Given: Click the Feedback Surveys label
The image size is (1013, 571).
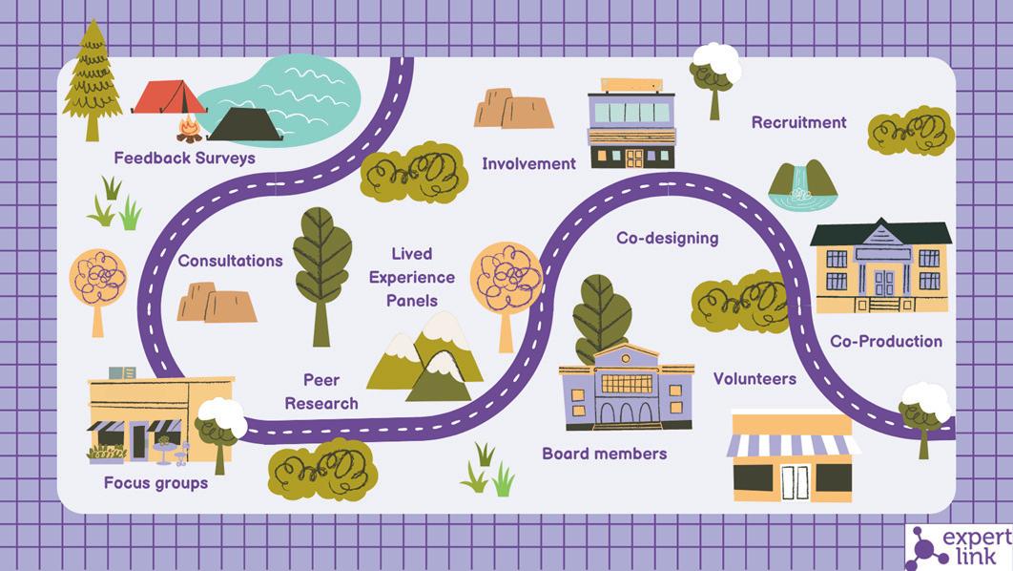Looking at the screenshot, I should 184,158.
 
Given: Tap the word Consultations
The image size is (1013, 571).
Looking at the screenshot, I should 230,261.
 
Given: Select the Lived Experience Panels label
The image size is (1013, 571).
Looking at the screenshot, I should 412,277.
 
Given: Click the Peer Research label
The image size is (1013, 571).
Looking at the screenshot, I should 321,391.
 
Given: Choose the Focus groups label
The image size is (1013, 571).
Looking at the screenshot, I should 155,483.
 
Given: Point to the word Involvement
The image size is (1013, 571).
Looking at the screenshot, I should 528,163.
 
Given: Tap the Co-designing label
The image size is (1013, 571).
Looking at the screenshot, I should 667,238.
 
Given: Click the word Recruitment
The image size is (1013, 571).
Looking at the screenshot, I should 798,122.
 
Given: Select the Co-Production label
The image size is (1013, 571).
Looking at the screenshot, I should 885,341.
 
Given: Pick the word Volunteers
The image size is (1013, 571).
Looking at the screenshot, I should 755,379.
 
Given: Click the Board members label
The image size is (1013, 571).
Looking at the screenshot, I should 604,454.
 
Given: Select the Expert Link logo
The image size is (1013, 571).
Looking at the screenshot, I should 957,547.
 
